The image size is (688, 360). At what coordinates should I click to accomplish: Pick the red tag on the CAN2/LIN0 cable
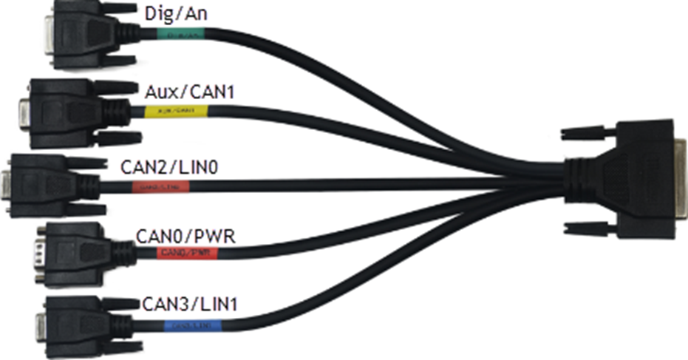coord(161,186)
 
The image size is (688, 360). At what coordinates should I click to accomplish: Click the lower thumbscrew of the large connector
coord(584,226)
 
